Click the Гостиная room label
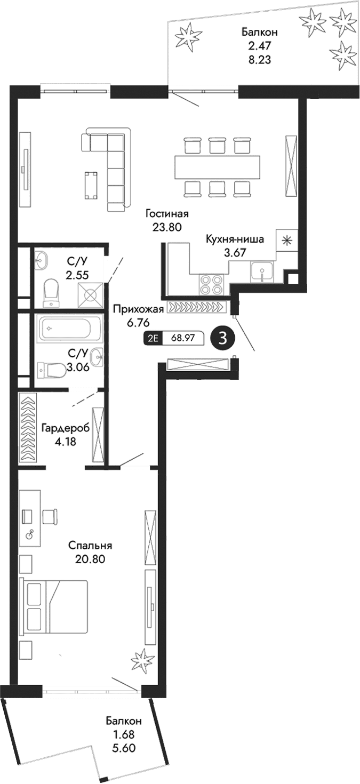pos(167,214)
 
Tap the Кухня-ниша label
pos(235,239)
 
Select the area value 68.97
pos(182,338)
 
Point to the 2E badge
pos(153,338)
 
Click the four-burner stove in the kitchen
pos(212,284)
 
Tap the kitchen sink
pos(262,274)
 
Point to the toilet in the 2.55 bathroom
pos(52,291)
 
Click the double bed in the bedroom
pos(53,607)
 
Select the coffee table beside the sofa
pos(91,184)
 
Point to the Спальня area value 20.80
pos(90,559)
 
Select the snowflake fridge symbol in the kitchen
pos(286,240)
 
